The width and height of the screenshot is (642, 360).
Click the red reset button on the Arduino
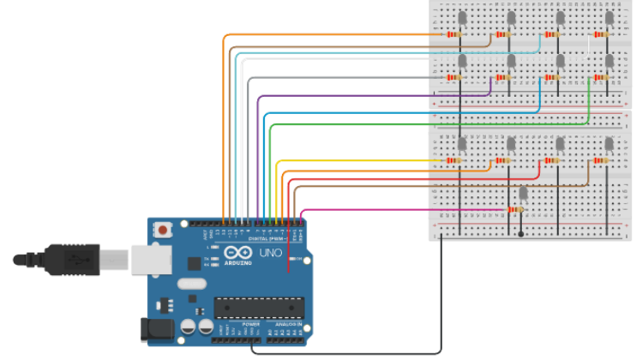(161, 230)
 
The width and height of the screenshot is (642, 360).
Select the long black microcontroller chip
(260, 306)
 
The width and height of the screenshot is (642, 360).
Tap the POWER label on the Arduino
(251, 326)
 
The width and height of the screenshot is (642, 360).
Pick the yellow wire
(360, 160)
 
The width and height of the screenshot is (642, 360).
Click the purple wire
(360, 95)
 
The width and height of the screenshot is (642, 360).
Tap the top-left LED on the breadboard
(462, 17)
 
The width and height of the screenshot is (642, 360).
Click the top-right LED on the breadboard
(609, 17)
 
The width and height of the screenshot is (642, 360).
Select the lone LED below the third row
(522, 192)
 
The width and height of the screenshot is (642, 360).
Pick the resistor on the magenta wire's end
(515, 209)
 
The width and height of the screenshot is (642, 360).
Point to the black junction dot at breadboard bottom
(521, 233)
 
